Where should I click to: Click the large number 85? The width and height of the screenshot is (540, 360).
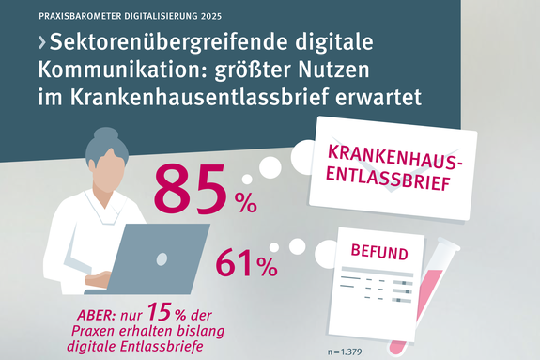point(190,190)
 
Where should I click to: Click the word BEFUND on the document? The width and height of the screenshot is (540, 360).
point(379,253)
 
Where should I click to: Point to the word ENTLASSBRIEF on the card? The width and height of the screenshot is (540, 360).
point(392,179)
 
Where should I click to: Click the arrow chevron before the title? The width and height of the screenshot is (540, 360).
point(41,44)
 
